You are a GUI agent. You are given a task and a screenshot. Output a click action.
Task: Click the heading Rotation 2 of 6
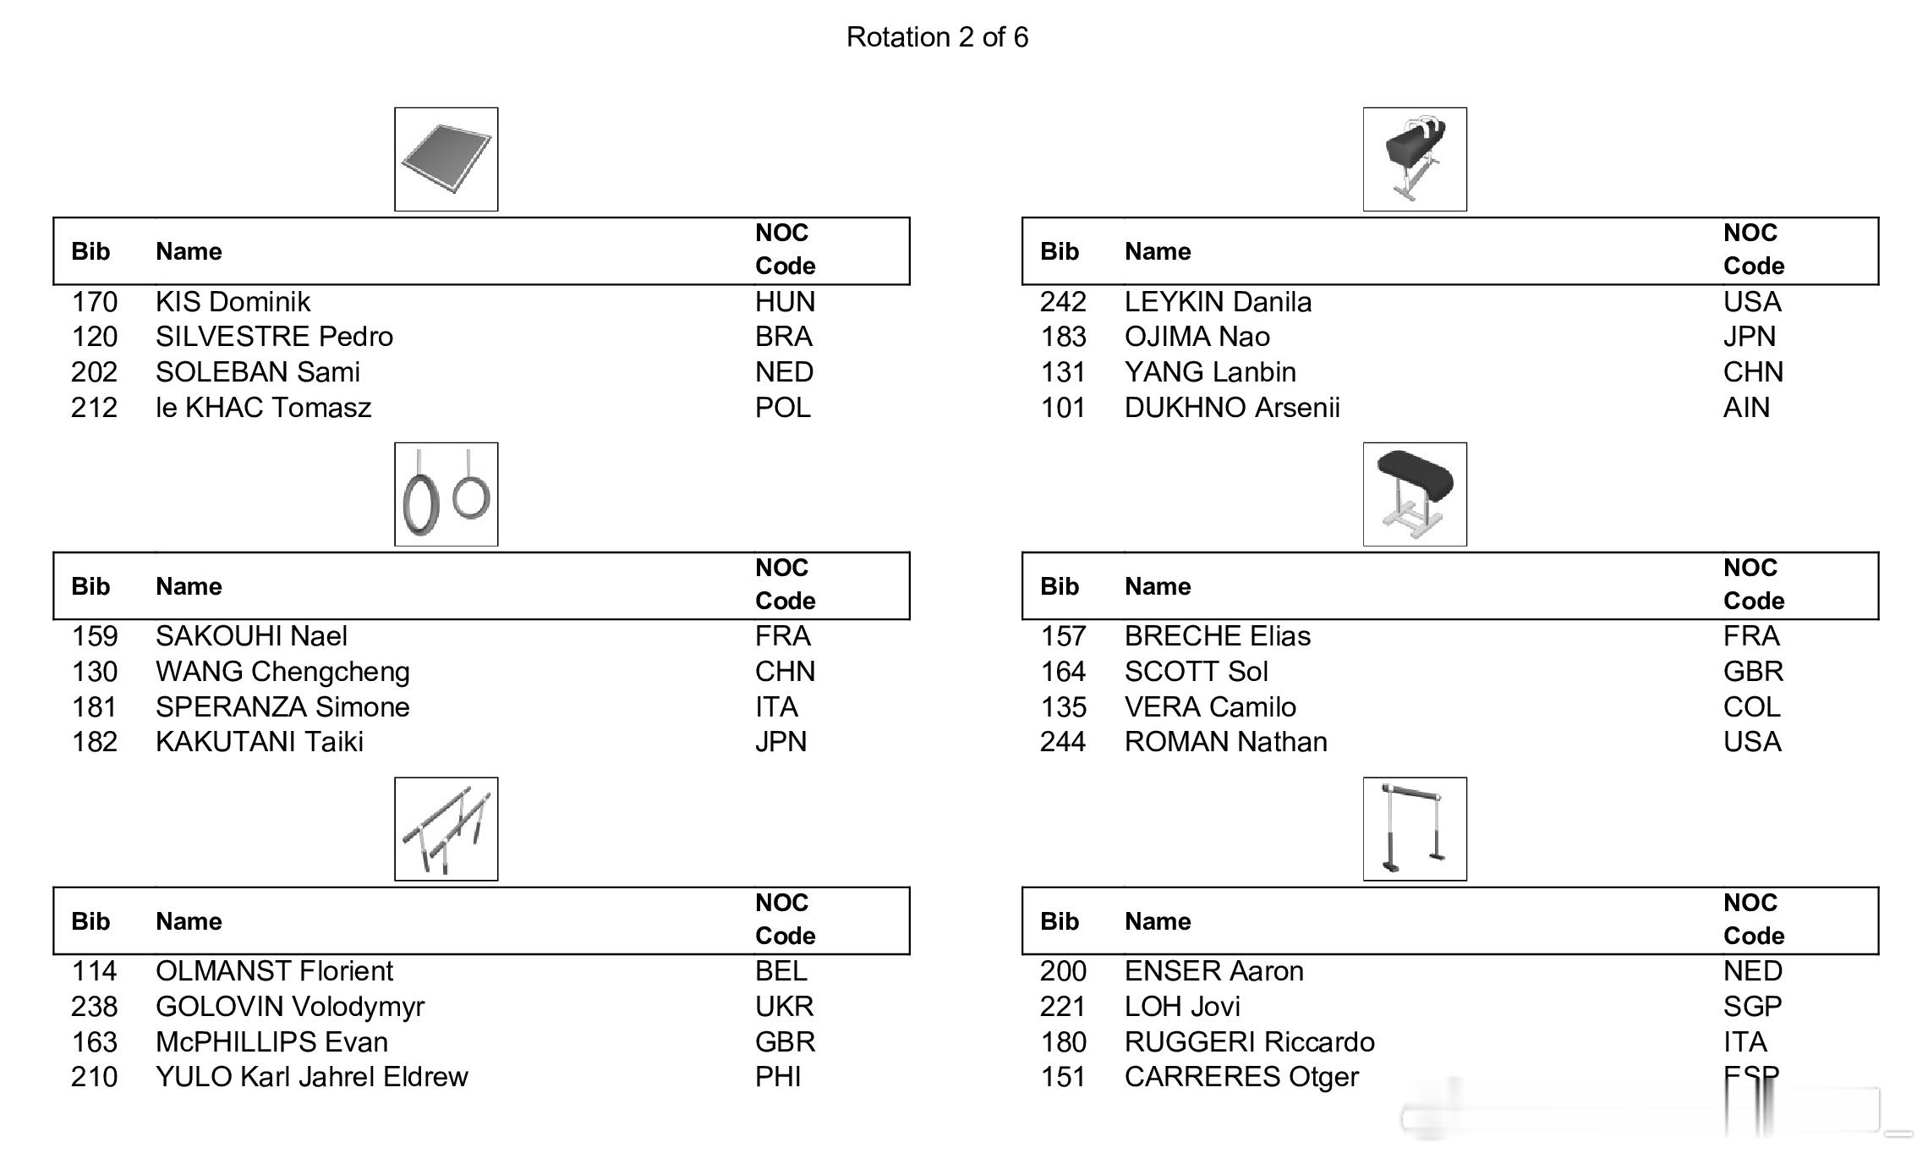(937, 37)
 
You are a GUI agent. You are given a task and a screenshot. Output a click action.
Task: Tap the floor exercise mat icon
(446, 159)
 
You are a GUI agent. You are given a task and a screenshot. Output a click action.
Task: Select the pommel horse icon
(1414, 159)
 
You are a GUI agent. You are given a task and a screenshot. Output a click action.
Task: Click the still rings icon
(446, 494)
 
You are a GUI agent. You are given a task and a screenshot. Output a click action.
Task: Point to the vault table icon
(1414, 494)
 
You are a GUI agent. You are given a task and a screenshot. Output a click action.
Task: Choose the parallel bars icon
(446, 829)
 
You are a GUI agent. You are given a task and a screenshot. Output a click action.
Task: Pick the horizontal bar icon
(1414, 829)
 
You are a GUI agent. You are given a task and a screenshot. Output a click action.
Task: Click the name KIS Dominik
(233, 302)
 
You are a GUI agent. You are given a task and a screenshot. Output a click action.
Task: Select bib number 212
(94, 408)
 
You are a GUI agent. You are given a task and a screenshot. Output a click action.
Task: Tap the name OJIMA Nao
(1197, 337)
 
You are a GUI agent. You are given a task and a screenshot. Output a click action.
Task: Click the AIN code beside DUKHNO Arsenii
(1746, 408)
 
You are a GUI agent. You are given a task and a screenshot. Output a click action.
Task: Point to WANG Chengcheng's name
(282, 672)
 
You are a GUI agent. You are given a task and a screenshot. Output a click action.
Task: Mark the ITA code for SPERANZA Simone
(776, 707)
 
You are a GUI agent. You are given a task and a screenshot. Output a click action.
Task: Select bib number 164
(1063, 672)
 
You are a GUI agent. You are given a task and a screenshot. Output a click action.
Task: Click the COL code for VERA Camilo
(1751, 707)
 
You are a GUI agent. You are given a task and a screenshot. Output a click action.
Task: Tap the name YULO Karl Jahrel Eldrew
(311, 1077)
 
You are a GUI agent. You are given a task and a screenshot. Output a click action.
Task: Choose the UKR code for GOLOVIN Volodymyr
(784, 1007)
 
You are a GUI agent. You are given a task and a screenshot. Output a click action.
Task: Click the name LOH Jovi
(1182, 1007)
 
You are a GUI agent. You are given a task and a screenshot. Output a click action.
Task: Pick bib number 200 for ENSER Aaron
(1063, 971)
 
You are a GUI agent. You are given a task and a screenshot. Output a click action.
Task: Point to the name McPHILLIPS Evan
(271, 1042)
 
